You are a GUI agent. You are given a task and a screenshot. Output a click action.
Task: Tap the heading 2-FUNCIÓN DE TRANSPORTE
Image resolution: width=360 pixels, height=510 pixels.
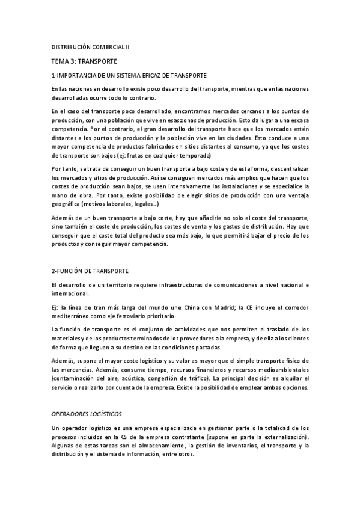[x=90, y=272]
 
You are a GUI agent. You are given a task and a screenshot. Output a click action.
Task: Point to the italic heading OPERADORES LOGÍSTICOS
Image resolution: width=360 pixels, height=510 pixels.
[x=87, y=415]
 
